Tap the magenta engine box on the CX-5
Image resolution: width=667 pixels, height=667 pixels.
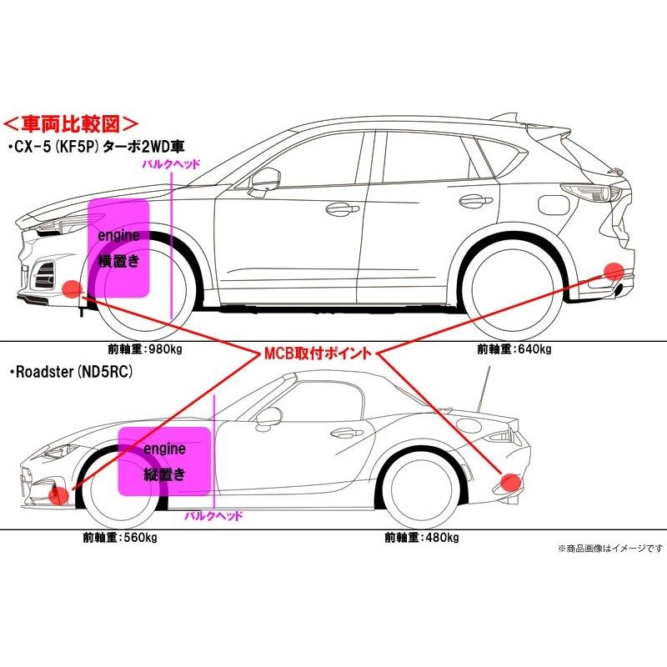119,248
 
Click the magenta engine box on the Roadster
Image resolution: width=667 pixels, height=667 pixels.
163,460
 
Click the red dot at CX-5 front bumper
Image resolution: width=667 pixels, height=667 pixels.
72,289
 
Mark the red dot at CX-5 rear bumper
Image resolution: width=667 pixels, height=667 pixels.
614,271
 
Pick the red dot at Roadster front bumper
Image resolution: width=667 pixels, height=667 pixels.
58,494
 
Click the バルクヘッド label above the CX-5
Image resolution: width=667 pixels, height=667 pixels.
172,165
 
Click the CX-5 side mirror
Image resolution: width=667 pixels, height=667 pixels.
265,176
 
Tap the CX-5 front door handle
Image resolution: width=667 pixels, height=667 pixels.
337,209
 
